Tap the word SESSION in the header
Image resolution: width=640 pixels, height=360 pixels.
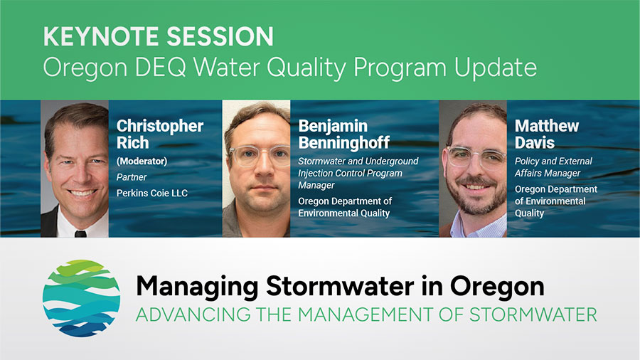tap(220, 36)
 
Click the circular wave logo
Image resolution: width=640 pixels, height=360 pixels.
tap(82, 298)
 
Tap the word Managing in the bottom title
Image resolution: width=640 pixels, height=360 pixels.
tap(197, 287)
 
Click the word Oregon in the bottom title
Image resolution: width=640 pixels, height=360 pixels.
tap(497, 287)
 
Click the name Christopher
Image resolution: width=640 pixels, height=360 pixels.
tap(159, 127)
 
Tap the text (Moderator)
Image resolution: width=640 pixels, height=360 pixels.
tap(142, 162)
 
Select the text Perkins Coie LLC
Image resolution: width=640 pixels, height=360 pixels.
tap(152, 193)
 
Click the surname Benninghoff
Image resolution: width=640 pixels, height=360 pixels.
tap(343, 143)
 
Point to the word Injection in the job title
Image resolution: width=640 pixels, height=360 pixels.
tap(316, 173)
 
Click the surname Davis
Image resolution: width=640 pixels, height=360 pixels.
tap(535, 143)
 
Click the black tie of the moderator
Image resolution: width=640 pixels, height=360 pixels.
tap(80, 234)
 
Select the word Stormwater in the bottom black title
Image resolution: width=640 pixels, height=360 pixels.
tap(340, 287)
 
